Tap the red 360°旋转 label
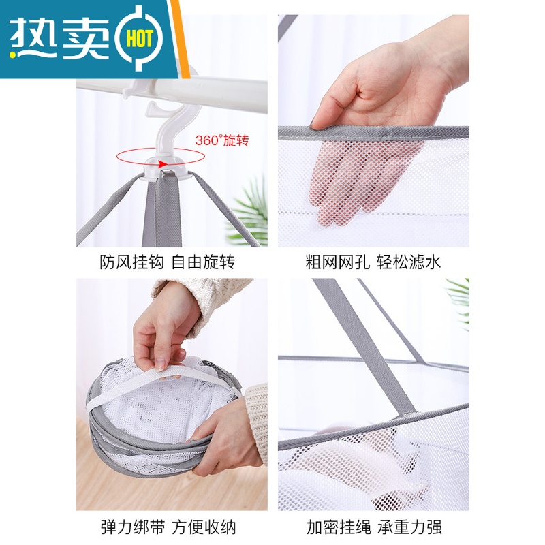222,141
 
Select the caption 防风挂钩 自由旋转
167,262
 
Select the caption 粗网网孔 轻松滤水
373,262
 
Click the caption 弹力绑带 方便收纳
167,525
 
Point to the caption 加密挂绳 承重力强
373,525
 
